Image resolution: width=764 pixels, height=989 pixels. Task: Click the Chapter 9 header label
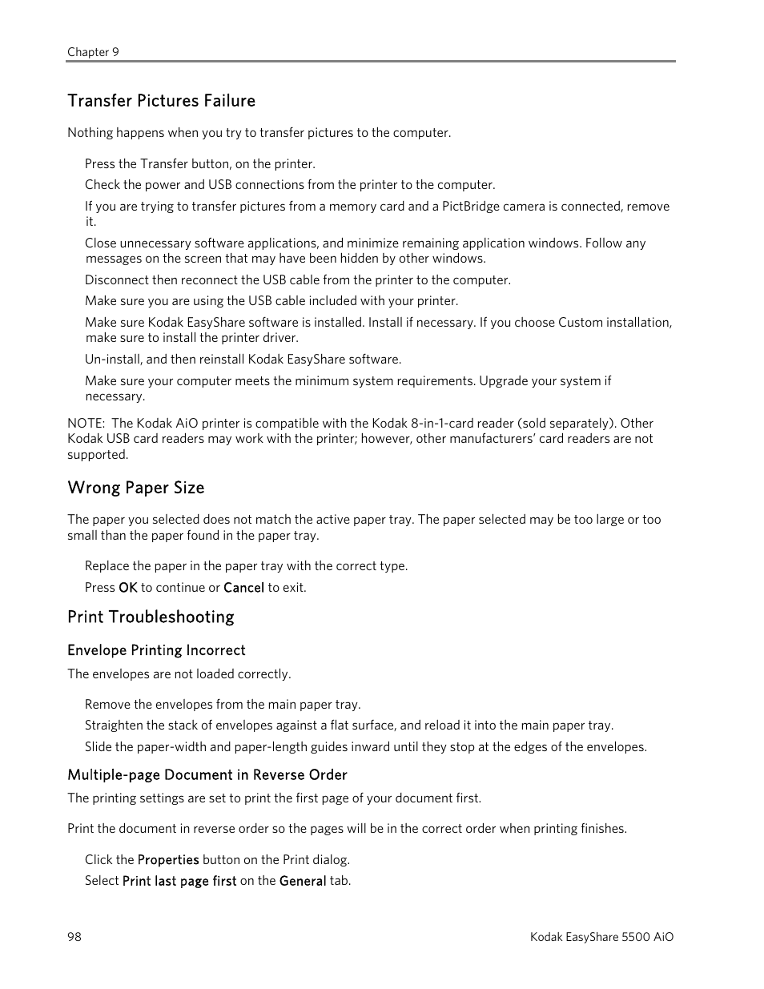click(93, 52)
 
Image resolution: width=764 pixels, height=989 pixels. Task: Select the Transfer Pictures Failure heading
click(161, 101)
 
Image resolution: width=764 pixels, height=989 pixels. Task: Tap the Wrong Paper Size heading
click(135, 488)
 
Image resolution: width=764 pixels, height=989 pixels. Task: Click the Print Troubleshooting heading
click(151, 617)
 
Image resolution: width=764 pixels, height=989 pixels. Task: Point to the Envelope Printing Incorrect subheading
click(156, 650)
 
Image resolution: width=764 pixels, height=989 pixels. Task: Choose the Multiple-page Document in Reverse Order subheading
click(207, 774)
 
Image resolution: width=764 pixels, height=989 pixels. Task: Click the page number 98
click(74, 937)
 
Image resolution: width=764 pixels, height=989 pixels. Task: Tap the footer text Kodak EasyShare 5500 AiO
click(601, 937)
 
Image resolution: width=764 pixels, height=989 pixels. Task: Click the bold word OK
click(128, 588)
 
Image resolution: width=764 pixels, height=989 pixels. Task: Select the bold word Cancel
click(243, 588)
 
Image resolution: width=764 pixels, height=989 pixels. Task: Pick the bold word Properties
click(168, 860)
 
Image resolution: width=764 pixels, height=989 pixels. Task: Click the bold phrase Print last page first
click(179, 881)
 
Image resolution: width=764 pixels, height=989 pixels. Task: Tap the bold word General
click(303, 881)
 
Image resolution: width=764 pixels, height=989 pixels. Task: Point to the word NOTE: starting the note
click(86, 424)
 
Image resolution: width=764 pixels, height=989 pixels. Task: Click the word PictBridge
click(471, 207)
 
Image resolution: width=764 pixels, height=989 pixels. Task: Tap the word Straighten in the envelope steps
click(114, 726)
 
